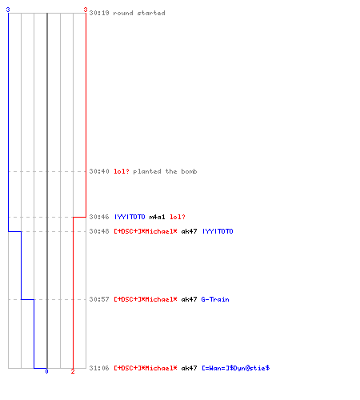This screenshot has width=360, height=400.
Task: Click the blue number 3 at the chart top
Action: [x=8, y=10]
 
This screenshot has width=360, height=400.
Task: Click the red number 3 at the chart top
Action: [x=86, y=10]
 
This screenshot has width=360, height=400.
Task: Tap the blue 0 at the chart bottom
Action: [x=46, y=371]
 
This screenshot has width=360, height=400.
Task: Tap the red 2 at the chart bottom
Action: [x=73, y=371]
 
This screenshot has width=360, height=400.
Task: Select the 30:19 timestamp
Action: [x=99, y=13]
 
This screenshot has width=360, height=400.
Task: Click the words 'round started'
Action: [x=139, y=13]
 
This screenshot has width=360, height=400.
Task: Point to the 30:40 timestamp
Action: [x=99, y=171]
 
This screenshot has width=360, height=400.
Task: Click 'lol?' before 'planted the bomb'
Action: [x=122, y=171]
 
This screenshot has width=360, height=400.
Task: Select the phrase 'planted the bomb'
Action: [x=165, y=171]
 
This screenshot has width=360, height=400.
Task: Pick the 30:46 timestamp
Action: [x=99, y=217]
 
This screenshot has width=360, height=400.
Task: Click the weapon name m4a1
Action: [x=157, y=217]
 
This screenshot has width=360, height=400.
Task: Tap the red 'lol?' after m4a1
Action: [x=178, y=217]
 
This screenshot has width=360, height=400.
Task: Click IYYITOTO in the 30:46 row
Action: [x=130, y=217]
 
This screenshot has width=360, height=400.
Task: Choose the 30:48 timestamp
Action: [x=99, y=231]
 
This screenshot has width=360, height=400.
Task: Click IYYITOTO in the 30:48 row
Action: [x=218, y=231]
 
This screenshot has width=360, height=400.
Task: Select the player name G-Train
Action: [x=215, y=299]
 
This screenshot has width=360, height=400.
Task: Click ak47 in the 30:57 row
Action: [x=189, y=299]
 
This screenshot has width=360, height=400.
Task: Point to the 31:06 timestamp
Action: [x=99, y=368]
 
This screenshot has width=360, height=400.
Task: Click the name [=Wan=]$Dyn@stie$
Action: [x=236, y=368]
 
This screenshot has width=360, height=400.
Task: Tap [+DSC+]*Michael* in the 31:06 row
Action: [x=146, y=368]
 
